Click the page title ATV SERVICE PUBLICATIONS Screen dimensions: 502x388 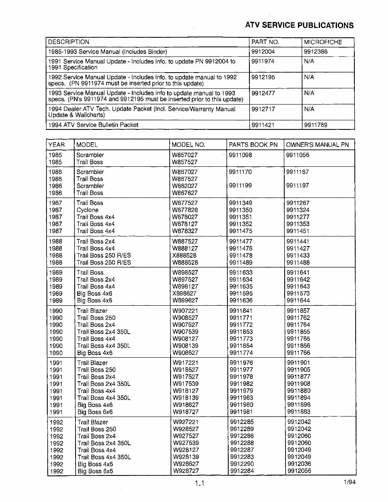[299, 25]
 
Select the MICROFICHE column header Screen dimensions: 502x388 [323, 42]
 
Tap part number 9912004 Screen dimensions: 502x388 [263, 52]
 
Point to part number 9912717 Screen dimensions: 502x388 [263, 109]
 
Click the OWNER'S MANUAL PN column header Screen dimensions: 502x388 [317, 145]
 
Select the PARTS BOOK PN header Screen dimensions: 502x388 [253, 145]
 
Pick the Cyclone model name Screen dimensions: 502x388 [87, 210]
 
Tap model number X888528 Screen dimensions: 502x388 [185, 256]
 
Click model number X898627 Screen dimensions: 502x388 [185, 293]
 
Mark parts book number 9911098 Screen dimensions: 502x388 [240, 155]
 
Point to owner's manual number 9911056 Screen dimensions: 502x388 [298, 155]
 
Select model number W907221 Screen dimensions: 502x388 [185, 311]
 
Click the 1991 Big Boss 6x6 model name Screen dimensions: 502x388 [95, 412]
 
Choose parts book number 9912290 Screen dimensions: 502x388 [241, 464]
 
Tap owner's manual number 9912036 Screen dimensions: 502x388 [299, 464]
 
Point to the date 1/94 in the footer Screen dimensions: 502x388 [349, 482]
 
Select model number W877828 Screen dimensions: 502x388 [185, 210]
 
